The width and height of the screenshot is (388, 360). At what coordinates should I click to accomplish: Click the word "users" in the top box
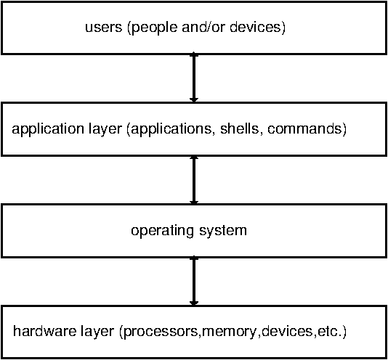104,27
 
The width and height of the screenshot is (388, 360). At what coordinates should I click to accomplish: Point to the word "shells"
240,128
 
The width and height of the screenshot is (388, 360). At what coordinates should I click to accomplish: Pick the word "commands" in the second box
304,128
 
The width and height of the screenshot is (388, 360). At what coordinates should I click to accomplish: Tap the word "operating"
162,231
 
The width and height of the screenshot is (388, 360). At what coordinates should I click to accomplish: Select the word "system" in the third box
223,231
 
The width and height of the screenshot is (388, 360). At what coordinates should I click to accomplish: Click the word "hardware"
45,330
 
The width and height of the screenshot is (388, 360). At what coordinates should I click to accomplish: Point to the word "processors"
161,332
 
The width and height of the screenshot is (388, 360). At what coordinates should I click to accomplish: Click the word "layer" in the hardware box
97,332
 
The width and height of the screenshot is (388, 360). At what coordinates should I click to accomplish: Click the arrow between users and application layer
194,78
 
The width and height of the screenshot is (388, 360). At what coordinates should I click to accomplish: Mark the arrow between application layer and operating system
194,180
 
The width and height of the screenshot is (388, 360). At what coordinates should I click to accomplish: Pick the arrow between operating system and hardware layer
194,282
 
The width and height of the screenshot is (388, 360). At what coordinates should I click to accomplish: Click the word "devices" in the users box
255,26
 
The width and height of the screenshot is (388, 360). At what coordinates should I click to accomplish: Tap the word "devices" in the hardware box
287,330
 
